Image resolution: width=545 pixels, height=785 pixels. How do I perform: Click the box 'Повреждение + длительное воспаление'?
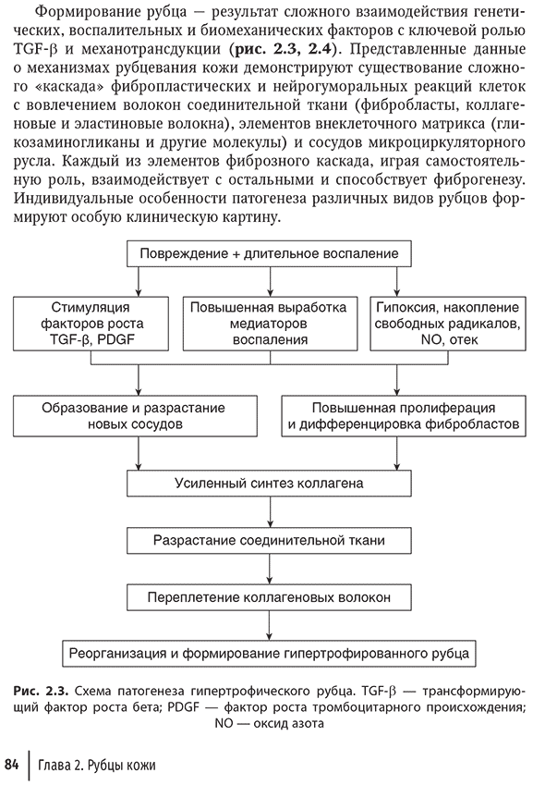(x=269, y=254)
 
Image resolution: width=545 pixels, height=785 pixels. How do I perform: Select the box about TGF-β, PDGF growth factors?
(x=91, y=324)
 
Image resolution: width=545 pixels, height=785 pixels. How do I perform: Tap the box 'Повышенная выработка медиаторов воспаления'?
(x=270, y=324)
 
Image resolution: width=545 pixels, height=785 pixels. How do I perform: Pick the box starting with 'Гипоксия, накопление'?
(x=448, y=324)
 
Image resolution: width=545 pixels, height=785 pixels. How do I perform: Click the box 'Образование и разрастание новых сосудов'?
(x=135, y=416)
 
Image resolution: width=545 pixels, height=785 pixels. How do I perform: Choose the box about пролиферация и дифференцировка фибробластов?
(x=404, y=416)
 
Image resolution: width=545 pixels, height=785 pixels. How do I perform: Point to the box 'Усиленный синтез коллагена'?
(x=269, y=484)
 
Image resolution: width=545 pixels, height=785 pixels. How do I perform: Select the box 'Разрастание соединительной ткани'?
(x=269, y=541)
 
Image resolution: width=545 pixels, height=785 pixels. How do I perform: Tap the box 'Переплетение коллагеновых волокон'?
(x=269, y=597)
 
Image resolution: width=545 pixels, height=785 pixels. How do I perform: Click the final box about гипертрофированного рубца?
(x=269, y=654)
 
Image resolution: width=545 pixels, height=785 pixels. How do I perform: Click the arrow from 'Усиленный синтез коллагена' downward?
(x=270, y=512)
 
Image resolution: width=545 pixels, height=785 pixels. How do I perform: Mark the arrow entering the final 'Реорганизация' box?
(x=270, y=626)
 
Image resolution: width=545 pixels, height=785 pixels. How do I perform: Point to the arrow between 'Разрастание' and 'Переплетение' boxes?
(x=270, y=570)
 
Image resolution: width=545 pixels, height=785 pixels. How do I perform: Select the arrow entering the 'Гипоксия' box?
(x=397, y=282)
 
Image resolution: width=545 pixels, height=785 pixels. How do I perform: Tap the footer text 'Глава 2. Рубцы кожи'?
(x=97, y=766)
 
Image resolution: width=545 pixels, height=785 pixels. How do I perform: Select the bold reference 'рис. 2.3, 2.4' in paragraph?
(x=284, y=49)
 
